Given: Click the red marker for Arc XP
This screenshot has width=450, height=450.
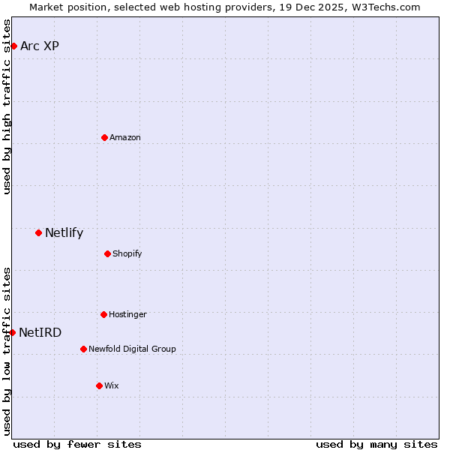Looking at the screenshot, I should [x=13, y=46].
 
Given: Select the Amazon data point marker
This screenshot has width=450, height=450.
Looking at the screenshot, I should [x=104, y=137].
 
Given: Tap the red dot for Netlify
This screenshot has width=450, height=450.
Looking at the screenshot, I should [x=38, y=232].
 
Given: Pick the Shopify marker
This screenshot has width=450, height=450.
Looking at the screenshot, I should [x=107, y=253].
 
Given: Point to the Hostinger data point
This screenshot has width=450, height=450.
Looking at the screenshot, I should [x=103, y=314].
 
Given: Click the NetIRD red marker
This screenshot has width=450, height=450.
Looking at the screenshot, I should [x=12, y=332].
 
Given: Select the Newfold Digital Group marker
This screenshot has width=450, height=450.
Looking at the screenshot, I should [x=83, y=349].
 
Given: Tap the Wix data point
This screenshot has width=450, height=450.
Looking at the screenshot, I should [x=99, y=385].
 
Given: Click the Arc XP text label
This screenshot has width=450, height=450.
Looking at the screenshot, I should [x=40, y=46].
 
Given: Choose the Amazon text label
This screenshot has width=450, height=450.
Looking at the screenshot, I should [x=125, y=137].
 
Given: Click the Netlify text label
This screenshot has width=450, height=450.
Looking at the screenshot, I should [x=64, y=232].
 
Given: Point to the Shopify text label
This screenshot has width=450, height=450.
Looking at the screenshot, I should [x=127, y=253].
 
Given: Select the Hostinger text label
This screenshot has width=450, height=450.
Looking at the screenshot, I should [x=127, y=314].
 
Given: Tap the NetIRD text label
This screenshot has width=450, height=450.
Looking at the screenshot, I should [x=40, y=332].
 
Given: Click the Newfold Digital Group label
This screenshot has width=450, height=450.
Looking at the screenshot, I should [x=132, y=349].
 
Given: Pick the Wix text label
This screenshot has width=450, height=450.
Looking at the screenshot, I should [x=112, y=385].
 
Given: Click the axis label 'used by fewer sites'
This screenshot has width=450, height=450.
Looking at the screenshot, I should [x=77, y=444].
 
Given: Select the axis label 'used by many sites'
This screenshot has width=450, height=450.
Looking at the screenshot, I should [x=376, y=444].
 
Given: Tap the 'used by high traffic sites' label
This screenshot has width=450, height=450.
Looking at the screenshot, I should [x=7, y=106].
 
